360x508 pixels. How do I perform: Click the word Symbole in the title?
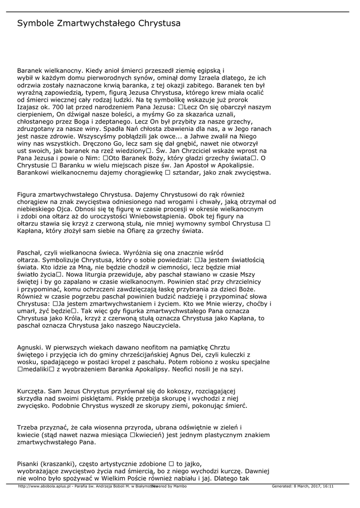(x=35, y=23)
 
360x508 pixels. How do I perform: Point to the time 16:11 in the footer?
(x=326, y=487)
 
